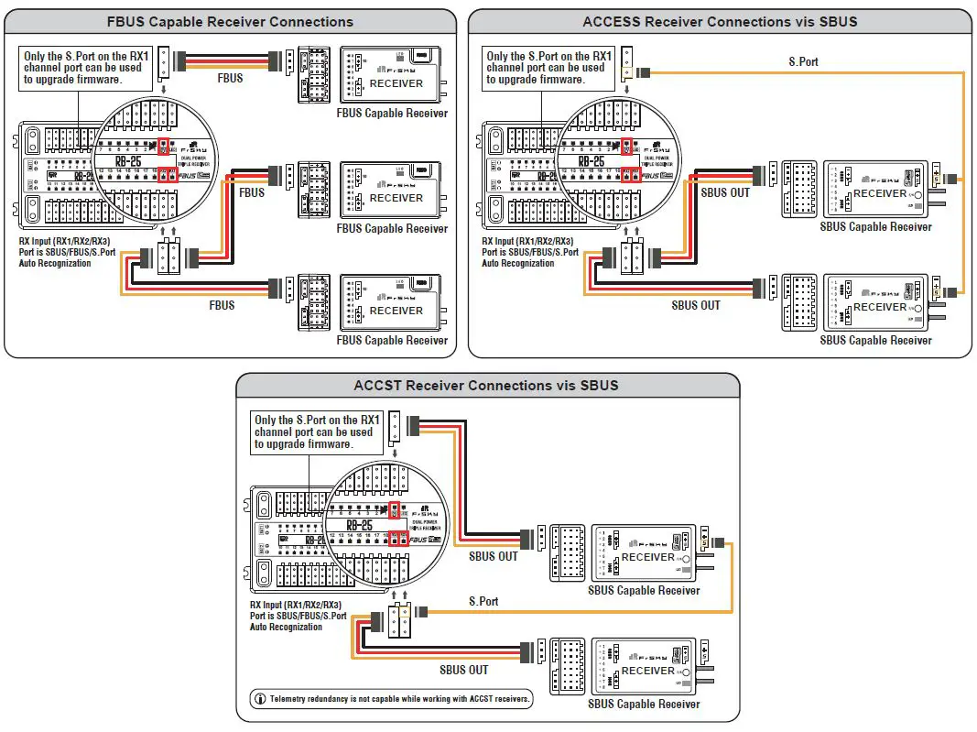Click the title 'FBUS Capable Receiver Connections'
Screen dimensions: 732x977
(230, 21)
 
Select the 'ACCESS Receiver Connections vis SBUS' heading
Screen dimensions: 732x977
(720, 21)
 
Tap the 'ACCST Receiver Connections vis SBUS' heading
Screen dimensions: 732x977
(486, 385)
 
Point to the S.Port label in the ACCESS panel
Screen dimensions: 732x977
(803, 62)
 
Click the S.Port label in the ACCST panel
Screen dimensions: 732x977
(483, 601)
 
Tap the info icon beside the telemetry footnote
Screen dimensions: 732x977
(260, 699)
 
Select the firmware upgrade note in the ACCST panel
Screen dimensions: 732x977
(314, 432)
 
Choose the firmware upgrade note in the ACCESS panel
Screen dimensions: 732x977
(546, 68)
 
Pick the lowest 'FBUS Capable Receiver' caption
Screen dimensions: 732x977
(392, 340)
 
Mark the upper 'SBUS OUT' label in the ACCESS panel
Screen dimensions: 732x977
(725, 192)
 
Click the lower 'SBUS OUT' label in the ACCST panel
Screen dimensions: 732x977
(464, 670)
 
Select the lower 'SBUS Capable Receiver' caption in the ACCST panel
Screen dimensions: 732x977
(644, 704)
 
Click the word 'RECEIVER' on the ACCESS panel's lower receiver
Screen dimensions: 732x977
(879, 307)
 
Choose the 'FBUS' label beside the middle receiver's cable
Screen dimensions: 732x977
(252, 192)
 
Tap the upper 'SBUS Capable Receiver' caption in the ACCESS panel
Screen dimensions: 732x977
(876, 226)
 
